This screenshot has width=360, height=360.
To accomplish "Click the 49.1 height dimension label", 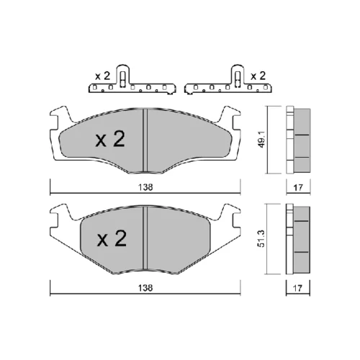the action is pos(262,139).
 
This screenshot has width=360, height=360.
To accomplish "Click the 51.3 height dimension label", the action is pos(261,238).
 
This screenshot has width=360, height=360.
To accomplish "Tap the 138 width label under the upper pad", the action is pos(145,187).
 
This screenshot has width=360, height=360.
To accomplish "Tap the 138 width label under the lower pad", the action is pos(145,288).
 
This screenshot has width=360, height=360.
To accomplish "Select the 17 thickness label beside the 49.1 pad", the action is pos(298,187).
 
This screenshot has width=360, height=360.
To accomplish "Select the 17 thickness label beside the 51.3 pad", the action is pos(298,288).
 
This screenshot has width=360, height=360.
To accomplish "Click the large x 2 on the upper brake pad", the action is pos(110,139).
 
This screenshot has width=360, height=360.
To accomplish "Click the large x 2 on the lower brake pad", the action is pos(112,238).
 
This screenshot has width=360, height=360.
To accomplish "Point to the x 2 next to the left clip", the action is pos(102,76).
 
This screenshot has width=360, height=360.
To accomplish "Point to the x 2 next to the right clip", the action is pos(258,76).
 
